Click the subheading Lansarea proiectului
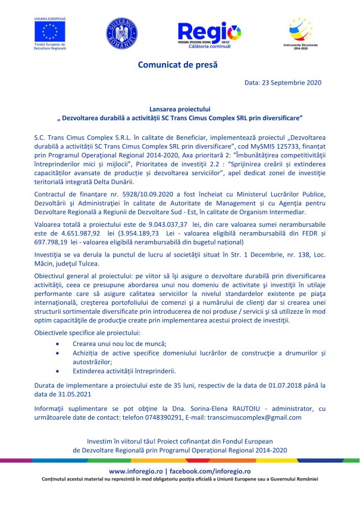click(x=180, y=110)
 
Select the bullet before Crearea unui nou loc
click(x=57, y=345)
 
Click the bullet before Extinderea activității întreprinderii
click(x=57, y=370)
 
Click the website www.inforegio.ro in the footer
click(x=134, y=471)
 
